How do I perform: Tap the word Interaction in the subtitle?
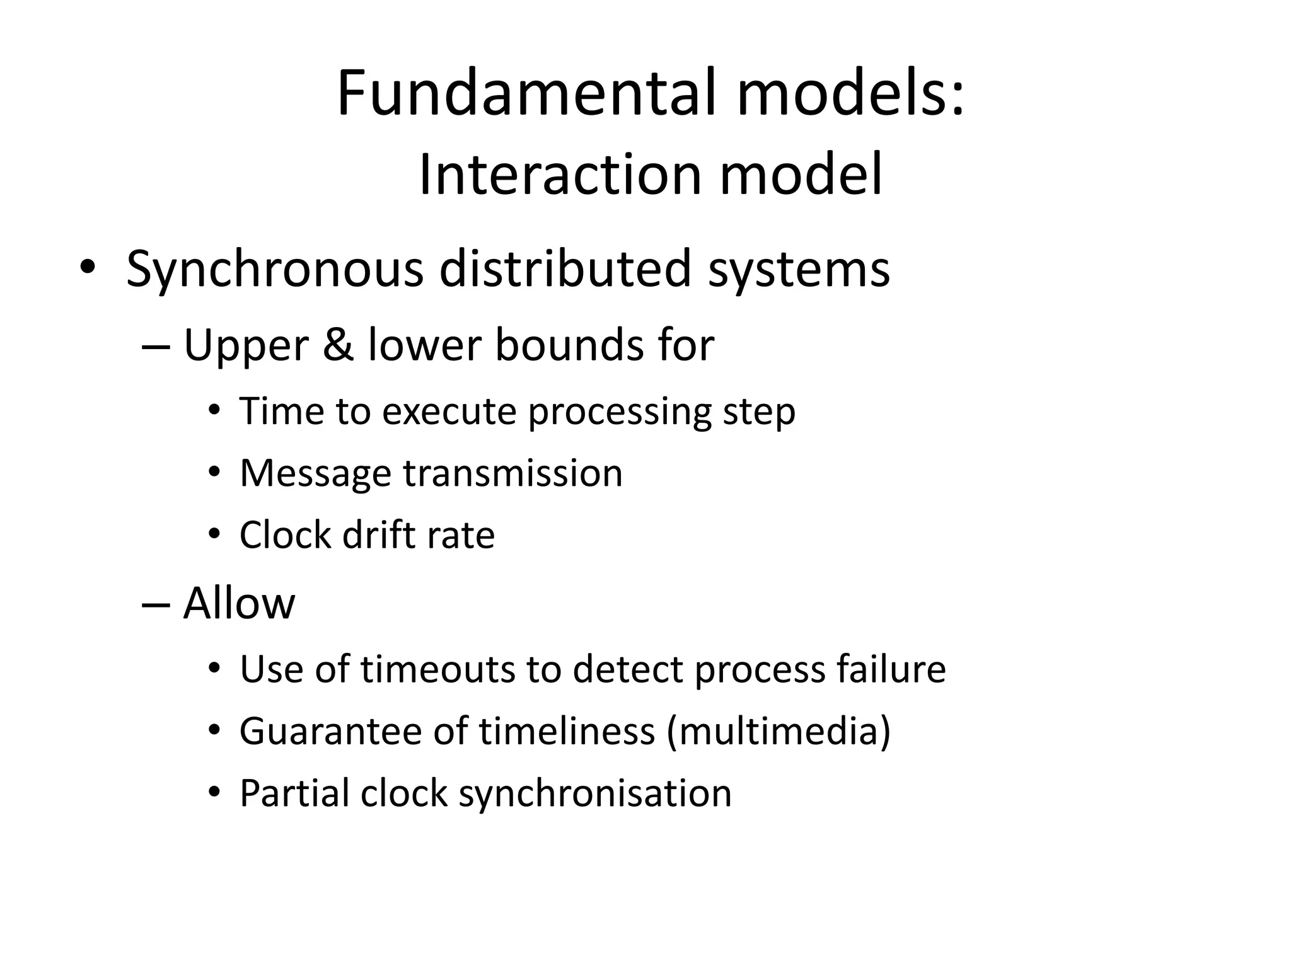(560, 175)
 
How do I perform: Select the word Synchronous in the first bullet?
(274, 269)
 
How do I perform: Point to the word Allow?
(239, 603)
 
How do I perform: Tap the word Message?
(315, 474)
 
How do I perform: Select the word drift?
(379, 536)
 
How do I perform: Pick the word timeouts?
(438, 669)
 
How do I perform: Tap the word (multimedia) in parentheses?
(779, 732)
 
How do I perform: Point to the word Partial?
(294, 793)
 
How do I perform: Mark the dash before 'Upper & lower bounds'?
(156, 347)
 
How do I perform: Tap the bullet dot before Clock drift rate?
(215, 535)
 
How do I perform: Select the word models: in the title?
(850, 93)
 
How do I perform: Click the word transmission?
(512, 474)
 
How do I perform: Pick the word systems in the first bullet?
(799, 269)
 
